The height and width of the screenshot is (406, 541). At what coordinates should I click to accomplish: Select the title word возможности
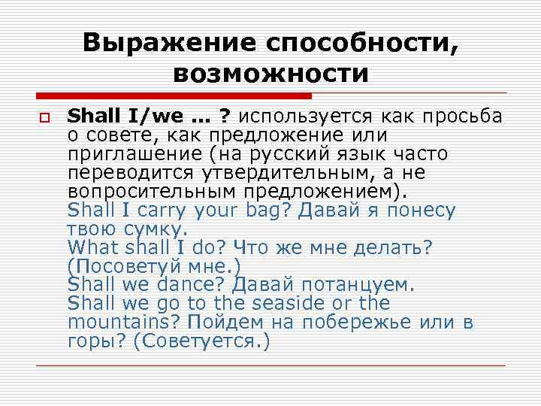pos(270,74)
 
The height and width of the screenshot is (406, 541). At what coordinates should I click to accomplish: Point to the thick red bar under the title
pos(173,96)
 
